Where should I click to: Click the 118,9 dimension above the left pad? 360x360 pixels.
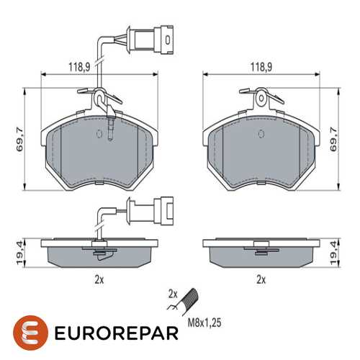point(79,67)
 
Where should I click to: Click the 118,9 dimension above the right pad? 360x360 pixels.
point(261,67)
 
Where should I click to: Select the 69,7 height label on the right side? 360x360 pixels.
point(333,140)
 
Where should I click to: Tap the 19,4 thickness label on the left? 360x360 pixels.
point(20,253)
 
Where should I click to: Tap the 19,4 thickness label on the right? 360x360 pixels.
point(333,253)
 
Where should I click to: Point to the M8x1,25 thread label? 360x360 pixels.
point(204,323)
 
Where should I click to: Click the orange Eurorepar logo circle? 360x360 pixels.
point(30,333)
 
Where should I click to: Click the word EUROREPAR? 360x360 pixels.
point(117,333)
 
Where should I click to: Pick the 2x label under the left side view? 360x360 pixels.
point(99,279)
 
